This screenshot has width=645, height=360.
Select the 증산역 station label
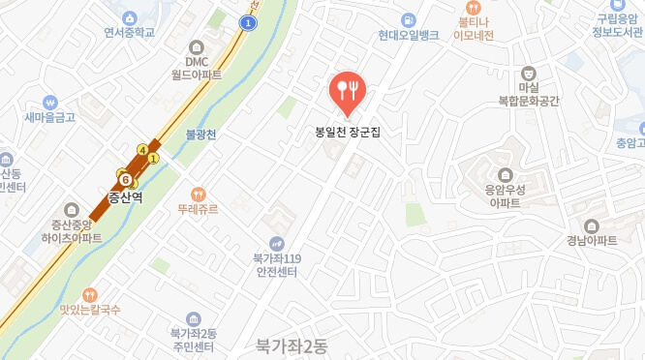pyautogui.click(x=125, y=196)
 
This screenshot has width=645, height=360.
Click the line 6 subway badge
pyautogui.click(x=126, y=178)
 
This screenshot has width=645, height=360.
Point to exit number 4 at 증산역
pyautogui.click(x=143, y=150)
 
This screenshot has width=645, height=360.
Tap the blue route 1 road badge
pyautogui.click(x=250, y=22)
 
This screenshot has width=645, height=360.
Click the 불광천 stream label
pyautogui.click(x=201, y=135)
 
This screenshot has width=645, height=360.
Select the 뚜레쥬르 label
pyautogui.click(x=199, y=208)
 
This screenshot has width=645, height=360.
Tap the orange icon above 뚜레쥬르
pyautogui.click(x=199, y=193)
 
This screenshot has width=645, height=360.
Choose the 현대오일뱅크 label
pyautogui.click(x=410, y=35)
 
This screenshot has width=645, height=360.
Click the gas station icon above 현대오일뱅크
pyautogui.click(x=410, y=18)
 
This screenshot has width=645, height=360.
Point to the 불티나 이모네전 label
pyautogui.click(x=474, y=28)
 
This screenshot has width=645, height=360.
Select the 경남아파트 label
pyautogui.click(x=593, y=241)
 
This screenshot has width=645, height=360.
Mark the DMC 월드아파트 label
pyautogui.click(x=198, y=68)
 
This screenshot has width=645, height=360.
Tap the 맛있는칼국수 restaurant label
pyautogui.click(x=89, y=310)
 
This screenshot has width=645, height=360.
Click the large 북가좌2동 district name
pyautogui.click(x=292, y=345)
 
